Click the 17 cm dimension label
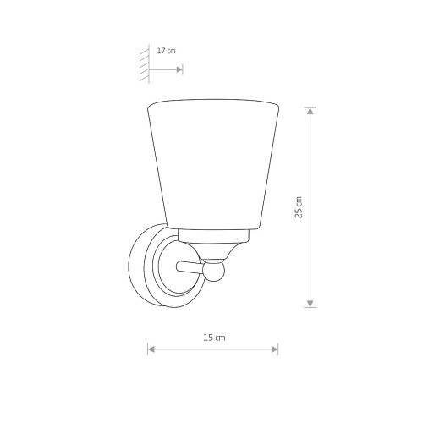click(x=166, y=51)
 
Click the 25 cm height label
click(x=299, y=207)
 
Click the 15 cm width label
click(x=214, y=338)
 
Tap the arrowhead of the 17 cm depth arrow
click(x=179, y=69)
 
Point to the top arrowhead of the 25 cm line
click(x=310, y=111)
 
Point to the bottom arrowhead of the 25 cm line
click(x=310, y=304)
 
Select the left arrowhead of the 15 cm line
click(x=151, y=349)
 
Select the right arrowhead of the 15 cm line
click(x=274, y=349)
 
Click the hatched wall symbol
click(x=145, y=63)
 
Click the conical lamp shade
click(x=213, y=163)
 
